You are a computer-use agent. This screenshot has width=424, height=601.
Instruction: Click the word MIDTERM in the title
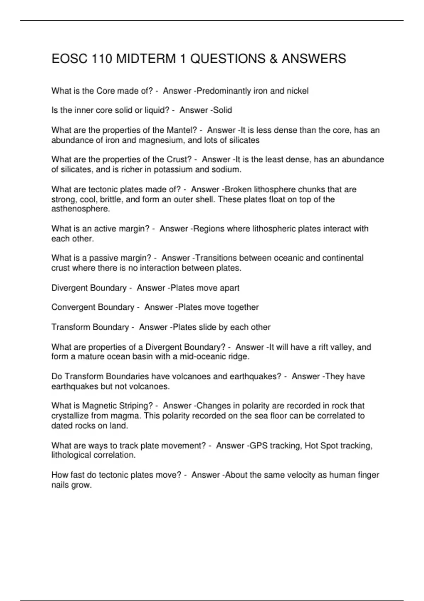click(146, 59)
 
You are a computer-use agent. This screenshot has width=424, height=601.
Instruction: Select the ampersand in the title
click(273, 59)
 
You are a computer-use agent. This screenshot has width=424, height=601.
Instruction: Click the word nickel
click(298, 91)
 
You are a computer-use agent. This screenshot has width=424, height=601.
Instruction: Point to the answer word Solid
click(223, 110)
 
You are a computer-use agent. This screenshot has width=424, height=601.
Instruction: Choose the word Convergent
click(73, 307)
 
